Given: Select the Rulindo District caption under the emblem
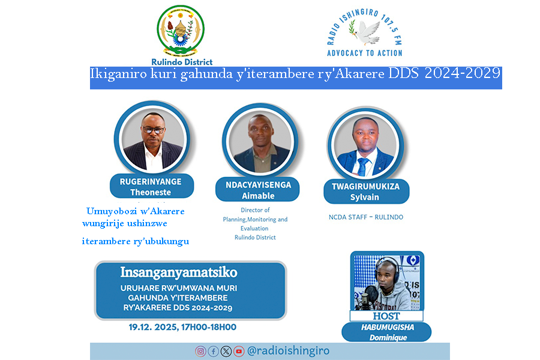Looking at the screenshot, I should pyautogui.click(x=182, y=61).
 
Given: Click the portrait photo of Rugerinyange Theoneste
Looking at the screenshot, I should pyautogui.click(x=151, y=140).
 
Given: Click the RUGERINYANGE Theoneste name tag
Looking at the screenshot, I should pyautogui.click(x=151, y=187).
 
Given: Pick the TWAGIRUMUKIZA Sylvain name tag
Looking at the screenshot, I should pyautogui.click(x=365, y=191).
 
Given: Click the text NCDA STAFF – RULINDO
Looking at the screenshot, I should pyautogui.click(x=365, y=217).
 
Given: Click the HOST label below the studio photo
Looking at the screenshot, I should pyautogui.click(x=386, y=316).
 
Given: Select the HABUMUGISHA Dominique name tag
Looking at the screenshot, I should pyautogui.click(x=386, y=332).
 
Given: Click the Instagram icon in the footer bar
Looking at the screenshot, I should pyautogui.click(x=200, y=352).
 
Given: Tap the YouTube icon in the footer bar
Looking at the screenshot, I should pyautogui.click(x=239, y=352).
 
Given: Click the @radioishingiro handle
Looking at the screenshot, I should pyautogui.click(x=288, y=351).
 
